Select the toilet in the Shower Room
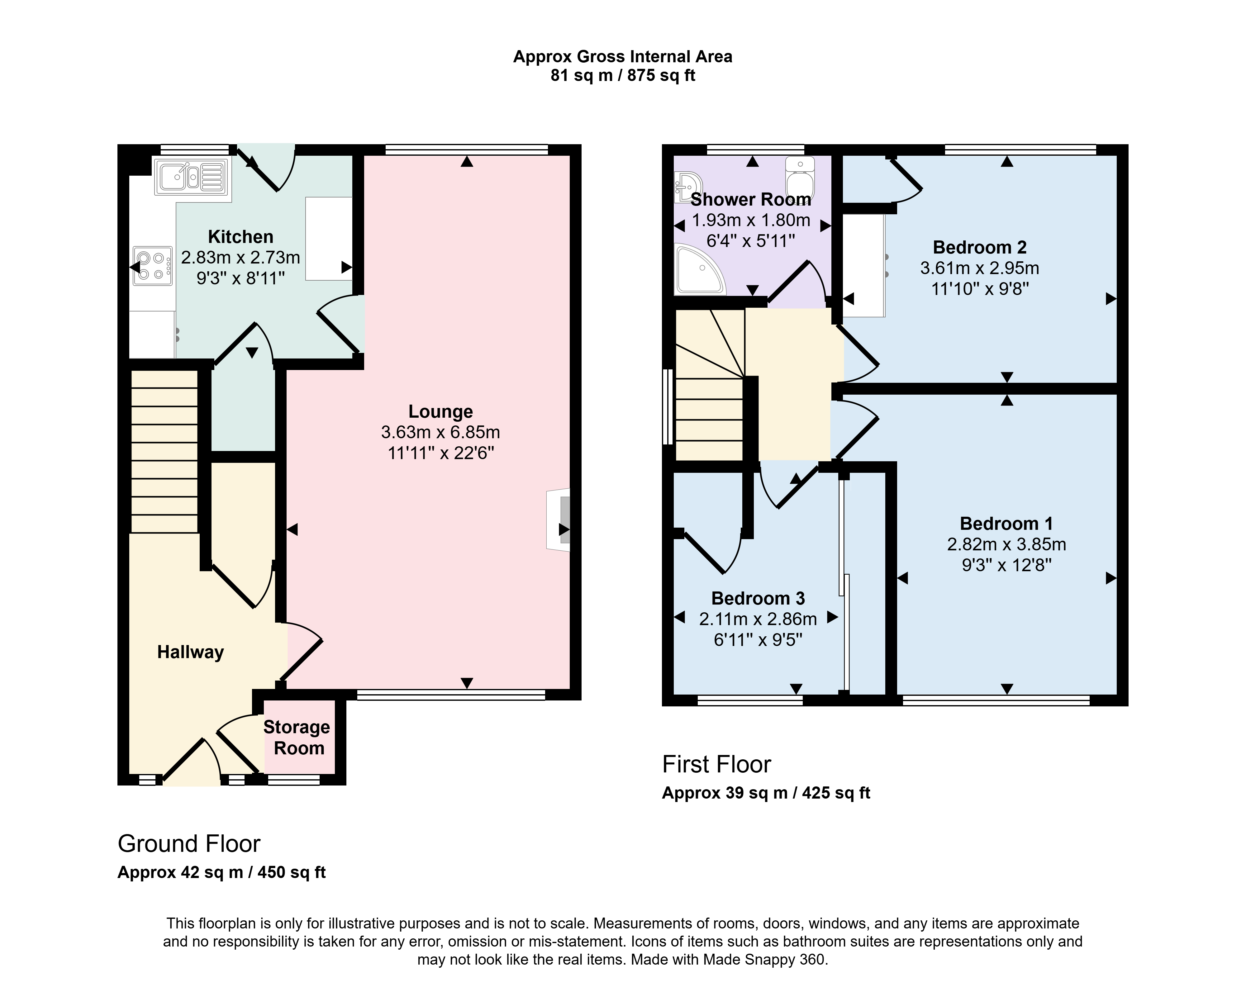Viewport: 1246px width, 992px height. click(x=800, y=177)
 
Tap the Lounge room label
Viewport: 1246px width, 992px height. click(x=440, y=411)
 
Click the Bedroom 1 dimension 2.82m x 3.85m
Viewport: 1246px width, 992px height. click(x=1006, y=544)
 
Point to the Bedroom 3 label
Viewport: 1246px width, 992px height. click(x=758, y=598)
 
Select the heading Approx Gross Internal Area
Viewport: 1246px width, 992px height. click(x=622, y=57)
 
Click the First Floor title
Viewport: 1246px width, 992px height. click(x=717, y=764)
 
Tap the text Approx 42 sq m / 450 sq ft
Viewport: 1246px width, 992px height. click(x=221, y=872)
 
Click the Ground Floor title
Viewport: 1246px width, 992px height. click(x=189, y=844)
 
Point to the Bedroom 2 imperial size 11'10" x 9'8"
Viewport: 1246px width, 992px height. click(x=980, y=289)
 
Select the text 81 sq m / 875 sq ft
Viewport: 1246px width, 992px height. click(x=622, y=76)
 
